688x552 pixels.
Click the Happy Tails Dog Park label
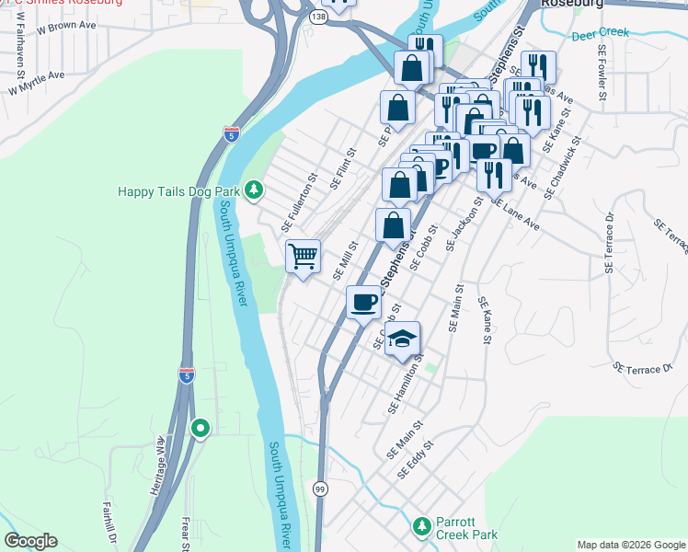(x=179, y=191)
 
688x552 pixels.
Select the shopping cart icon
(x=304, y=255)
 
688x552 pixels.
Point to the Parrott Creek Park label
(x=466, y=526)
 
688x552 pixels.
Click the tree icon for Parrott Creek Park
(x=421, y=526)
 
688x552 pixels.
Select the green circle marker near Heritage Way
(x=200, y=428)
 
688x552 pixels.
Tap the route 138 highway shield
(x=318, y=17)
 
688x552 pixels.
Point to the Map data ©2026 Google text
(x=630, y=545)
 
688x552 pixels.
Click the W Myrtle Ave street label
(x=37, y=83)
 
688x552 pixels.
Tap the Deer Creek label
(x=600, y=33)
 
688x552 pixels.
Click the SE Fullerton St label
(x=299, y=203)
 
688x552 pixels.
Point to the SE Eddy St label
(x=415, y=463)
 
